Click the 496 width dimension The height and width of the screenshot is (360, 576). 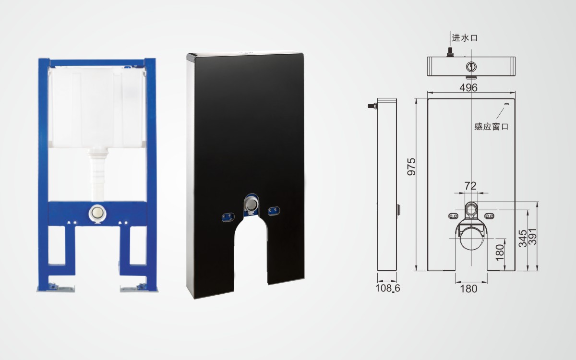pos(468,88)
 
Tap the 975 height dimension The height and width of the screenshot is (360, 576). pos(411,167)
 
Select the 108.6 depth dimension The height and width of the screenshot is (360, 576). pos(388,288)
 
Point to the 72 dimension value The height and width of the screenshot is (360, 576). pos(470,186)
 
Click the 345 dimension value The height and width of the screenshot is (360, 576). pos(523,239)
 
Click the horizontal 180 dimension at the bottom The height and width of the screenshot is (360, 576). pos(468,289)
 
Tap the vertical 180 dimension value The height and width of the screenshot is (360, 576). pos(500,252)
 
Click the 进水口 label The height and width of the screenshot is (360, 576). pos(465,38)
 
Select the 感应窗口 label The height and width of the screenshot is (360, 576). pos(492,127)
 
